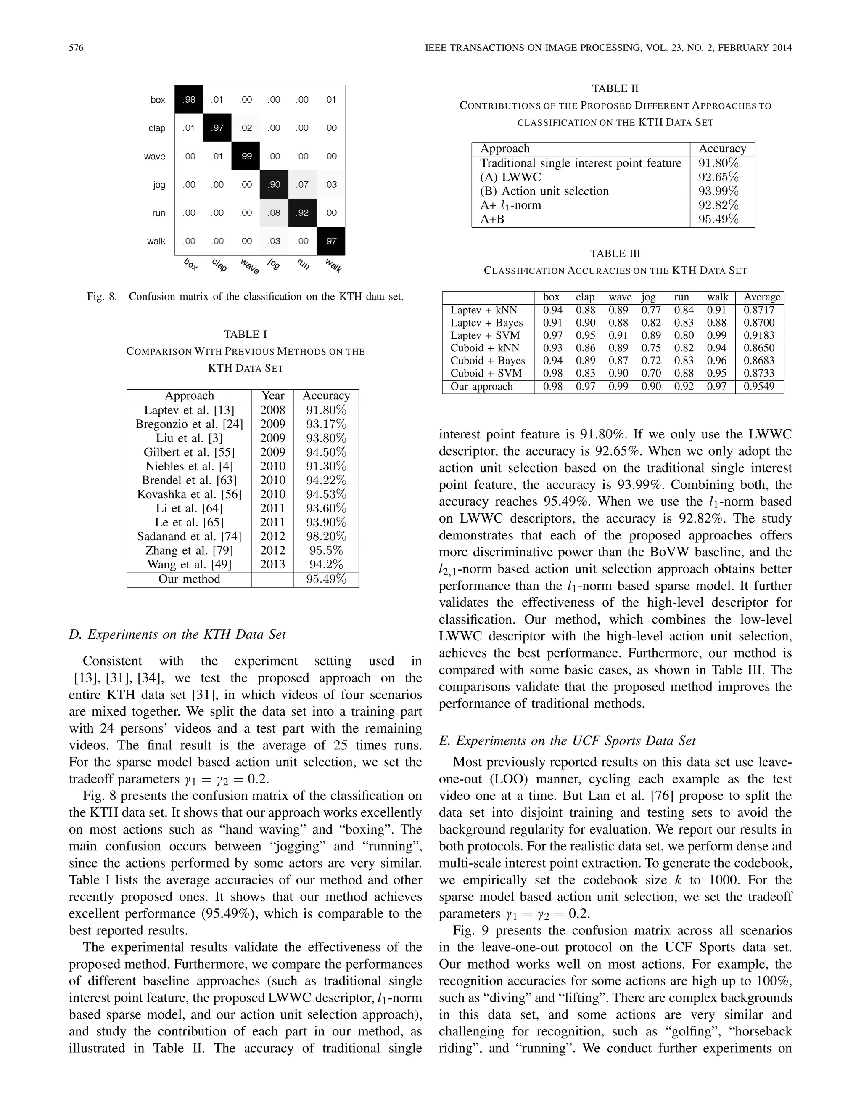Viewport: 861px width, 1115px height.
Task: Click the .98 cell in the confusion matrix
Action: click(x=189, y=100)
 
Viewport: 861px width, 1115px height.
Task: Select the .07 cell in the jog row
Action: click(x=302, y=184)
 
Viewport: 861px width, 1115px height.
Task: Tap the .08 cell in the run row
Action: click(x=275, y=213)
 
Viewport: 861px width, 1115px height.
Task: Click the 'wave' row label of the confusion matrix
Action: click(x=155, y=156)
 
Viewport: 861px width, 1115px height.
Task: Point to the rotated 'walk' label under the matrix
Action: click(x=333, y=265)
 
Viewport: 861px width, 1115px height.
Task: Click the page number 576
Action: click(x=76, y=48)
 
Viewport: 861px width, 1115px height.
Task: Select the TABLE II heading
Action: click(x=615, y=88)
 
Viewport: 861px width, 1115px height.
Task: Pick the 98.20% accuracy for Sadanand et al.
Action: click(x=326, y=536)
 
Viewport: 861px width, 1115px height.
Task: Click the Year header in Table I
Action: click(x=273, y=396)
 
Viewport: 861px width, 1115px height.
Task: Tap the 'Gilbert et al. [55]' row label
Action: click(x=189, y=452)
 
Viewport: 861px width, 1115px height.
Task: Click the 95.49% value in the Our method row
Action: click(x=326, y=579)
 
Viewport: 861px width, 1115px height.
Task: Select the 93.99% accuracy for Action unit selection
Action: click(x=718, y=191)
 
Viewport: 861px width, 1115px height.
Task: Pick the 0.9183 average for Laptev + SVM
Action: click(x=759, y=335)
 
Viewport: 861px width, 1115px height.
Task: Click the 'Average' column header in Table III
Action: click(x=762, y=297)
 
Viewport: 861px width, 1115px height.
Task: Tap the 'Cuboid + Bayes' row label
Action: click(x=488, y=361)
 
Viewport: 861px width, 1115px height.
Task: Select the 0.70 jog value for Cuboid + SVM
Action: click(x=651, y=373)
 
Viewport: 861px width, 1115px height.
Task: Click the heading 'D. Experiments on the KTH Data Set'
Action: click(x=177, y=634)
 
